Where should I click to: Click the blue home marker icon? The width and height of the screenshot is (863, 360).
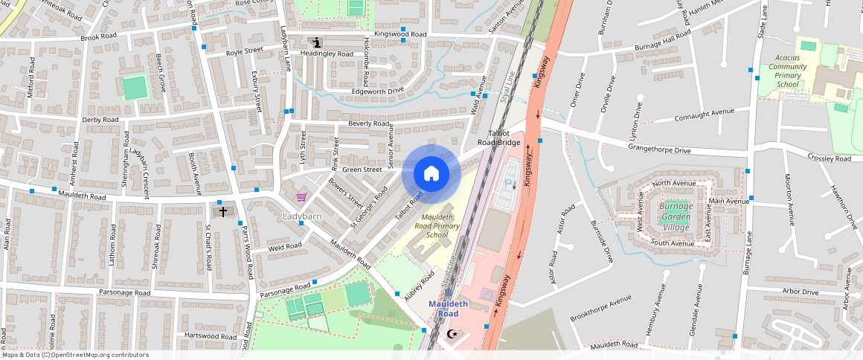coord(431,174)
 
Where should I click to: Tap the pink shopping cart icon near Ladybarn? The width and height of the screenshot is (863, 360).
coord(301,197)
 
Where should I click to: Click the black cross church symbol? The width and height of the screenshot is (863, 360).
coord(222,211)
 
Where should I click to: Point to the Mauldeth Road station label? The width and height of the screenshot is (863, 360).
coord(449,308)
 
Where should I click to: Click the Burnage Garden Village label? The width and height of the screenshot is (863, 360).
coord(675,217)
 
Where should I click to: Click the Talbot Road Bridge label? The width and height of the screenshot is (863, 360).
coord(498,136)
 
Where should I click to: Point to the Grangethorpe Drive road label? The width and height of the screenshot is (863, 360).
coord(659,150)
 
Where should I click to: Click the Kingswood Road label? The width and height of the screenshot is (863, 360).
coord(400,34)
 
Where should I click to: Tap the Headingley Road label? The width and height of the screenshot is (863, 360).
coord(327,54)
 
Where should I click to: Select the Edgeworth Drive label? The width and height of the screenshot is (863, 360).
coord(377,91)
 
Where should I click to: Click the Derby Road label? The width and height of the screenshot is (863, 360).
coord(100,120)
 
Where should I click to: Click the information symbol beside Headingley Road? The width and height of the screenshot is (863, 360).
coord(318,42)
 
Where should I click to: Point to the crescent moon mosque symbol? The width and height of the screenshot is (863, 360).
coord(450,334)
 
